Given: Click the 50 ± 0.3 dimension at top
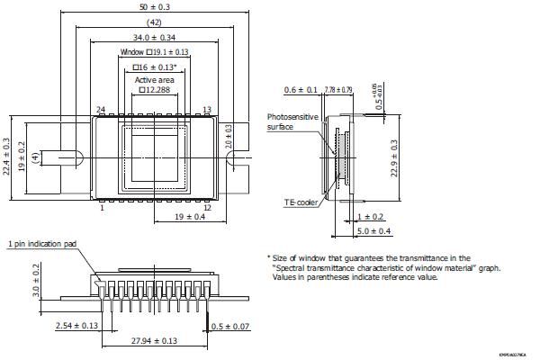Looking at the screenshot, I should pyautogui.click(x=155, y=7).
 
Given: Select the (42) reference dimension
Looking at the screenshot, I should pyautogui.click(x=155, y=22).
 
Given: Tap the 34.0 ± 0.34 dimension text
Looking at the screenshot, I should pyautogui.click(x=155, y=37).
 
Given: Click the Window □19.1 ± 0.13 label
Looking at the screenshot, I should pyautogui.click(x=155, y=52).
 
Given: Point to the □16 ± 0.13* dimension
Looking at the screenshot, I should pyautogui.click(x=155, y=67).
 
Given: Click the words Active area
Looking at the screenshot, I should pyautogui.click(x=154, y=79).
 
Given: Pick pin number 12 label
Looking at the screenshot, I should pyautogui.click(x=207, y=207).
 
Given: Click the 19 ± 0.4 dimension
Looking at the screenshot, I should pyautogui.click(x=188, y=217).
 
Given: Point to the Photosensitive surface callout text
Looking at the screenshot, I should pyautogui.click(x=291, y=121).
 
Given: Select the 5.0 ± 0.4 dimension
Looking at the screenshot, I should pyautogui.click(x=373, y=231).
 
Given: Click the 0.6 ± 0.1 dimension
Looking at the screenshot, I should pyautogui.click(x=301, y=89).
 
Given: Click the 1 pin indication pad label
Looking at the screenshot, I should pyautogui.click(x=42, y=244).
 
